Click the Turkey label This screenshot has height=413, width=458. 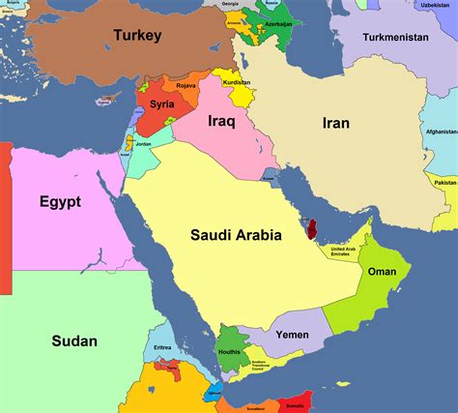136,36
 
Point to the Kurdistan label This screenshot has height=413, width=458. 237,83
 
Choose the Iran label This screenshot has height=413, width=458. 335,123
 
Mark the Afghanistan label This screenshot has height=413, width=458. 440,132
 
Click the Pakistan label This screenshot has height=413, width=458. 445,182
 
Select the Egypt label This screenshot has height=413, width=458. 60,202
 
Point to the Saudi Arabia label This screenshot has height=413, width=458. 236,234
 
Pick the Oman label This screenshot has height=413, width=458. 383,272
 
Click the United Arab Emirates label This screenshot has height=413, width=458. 349,251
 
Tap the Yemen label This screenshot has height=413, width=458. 292,335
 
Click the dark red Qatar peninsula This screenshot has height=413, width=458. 312,229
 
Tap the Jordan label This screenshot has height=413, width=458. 143,145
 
